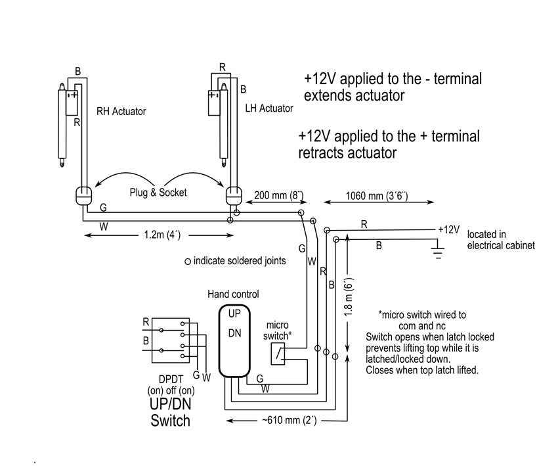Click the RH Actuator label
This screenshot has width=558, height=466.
click(x=121, y=112)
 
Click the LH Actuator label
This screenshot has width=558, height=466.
click(x=268, y=108)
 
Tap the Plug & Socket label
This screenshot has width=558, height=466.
click(x=158, y=193)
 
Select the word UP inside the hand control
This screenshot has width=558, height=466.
click(x=234, y=314)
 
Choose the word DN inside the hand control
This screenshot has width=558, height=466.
click(x=234, y=333)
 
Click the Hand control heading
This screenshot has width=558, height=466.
click(x=233, y=294)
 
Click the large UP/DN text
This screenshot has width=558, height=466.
click(x=170, y=403)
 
